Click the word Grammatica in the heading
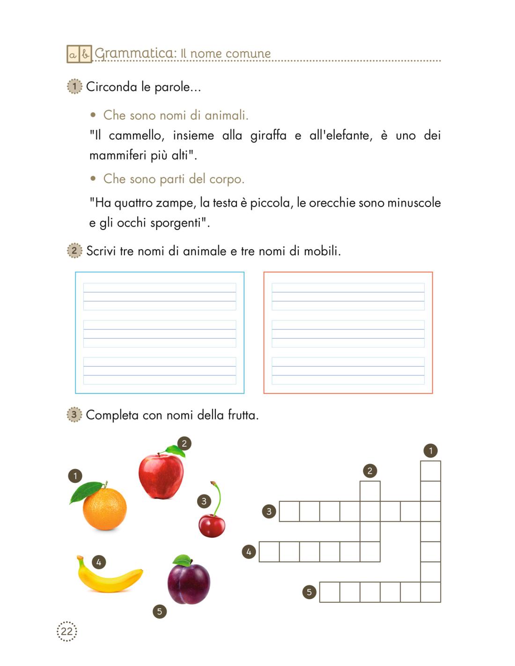[x=134, y=53]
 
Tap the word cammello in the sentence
[x=135, y=136]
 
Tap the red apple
[x=161, y=475]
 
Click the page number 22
[x=66, y=631]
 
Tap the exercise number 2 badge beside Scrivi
[x=74, y=251]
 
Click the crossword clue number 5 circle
[x=309, y=592]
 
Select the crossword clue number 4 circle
[x=249, y=552]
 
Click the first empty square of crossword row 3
[x=289, y=511]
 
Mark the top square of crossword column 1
[x=430, y=471]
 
